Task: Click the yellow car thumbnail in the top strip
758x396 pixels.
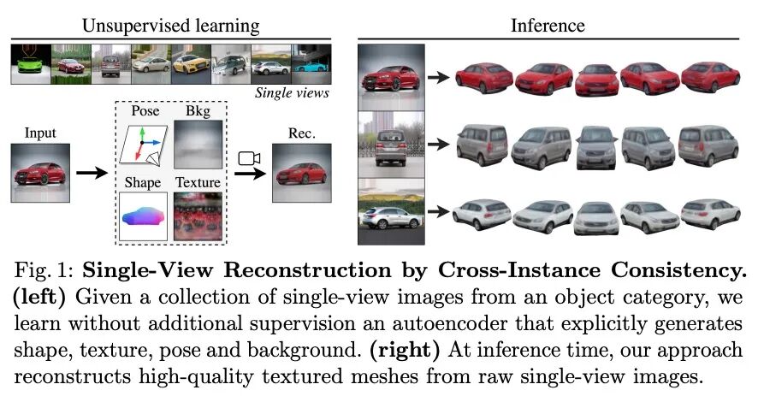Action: [192, 64]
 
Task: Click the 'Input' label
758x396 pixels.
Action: [40, 133]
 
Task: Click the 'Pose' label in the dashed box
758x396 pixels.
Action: [146, 111]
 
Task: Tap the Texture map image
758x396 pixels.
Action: [198, 216]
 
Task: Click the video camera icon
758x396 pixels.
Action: [249, 159]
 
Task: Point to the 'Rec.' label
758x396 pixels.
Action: [301, 133]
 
